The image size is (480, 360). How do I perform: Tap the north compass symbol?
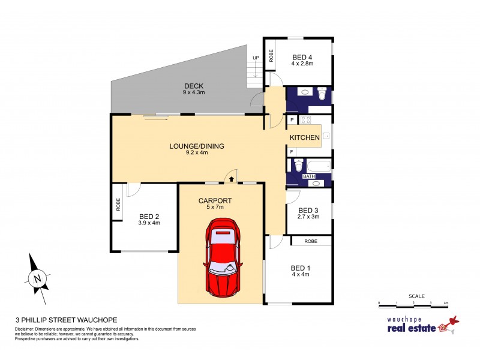pos(37,278)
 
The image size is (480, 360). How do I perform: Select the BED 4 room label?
pos(302,57)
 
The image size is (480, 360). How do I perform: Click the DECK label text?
pos(193,86)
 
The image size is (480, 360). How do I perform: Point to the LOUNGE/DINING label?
pos(188,145)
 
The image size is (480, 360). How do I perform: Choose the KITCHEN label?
pos(305,138)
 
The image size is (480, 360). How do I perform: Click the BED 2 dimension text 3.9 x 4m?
pos(149,223)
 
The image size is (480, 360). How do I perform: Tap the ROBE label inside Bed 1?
pos(311,241)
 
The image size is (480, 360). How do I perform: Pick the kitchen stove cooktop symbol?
pos(304,120)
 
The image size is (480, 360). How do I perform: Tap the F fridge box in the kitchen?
pos(292,152)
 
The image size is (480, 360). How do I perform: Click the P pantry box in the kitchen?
pos(292,120)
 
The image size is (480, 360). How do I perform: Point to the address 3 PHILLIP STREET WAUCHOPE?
pos(65,320)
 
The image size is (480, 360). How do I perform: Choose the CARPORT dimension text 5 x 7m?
pos(214,207)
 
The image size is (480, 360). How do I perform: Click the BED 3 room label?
pos(308,210)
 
